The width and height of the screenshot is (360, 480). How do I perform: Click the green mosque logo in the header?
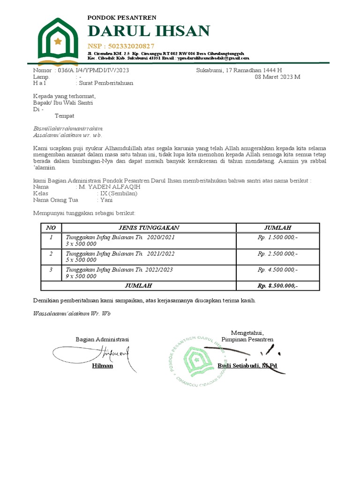coord(58,41)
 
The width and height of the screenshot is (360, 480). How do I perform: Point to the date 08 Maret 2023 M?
coord(277,77)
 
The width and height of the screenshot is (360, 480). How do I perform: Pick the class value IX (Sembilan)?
coord(119,193)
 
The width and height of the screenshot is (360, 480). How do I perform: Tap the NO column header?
coord(51,228)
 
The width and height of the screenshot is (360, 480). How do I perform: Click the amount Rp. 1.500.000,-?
coord(277,238)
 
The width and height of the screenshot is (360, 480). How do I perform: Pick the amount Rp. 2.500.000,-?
coord(277,254)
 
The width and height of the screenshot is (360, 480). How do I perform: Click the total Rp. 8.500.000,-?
coord(277,285)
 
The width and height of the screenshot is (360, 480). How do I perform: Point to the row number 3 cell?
coord(51,270)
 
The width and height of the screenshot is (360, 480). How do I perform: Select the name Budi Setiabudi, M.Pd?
coord(247,366)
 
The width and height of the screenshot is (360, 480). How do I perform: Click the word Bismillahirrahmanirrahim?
coord(68,128)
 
